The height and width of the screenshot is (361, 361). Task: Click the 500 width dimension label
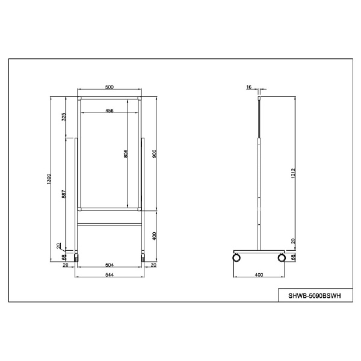(x=110, y=87)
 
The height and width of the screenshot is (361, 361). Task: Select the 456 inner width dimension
(x=110, y=111)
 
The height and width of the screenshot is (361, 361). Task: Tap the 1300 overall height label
(x=49, y=179)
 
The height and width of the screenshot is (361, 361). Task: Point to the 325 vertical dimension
(x=64, y=117)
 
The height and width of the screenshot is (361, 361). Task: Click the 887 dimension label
(x=64, y=194)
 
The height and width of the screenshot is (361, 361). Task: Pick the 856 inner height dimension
(x=126, y=153)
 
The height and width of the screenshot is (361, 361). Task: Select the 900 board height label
(x=154, y=153)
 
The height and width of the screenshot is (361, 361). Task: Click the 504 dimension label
(x=110, y=265)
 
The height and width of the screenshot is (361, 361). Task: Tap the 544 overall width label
(x=110, y=275)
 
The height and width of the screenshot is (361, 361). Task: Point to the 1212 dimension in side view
(x=293, y=174)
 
